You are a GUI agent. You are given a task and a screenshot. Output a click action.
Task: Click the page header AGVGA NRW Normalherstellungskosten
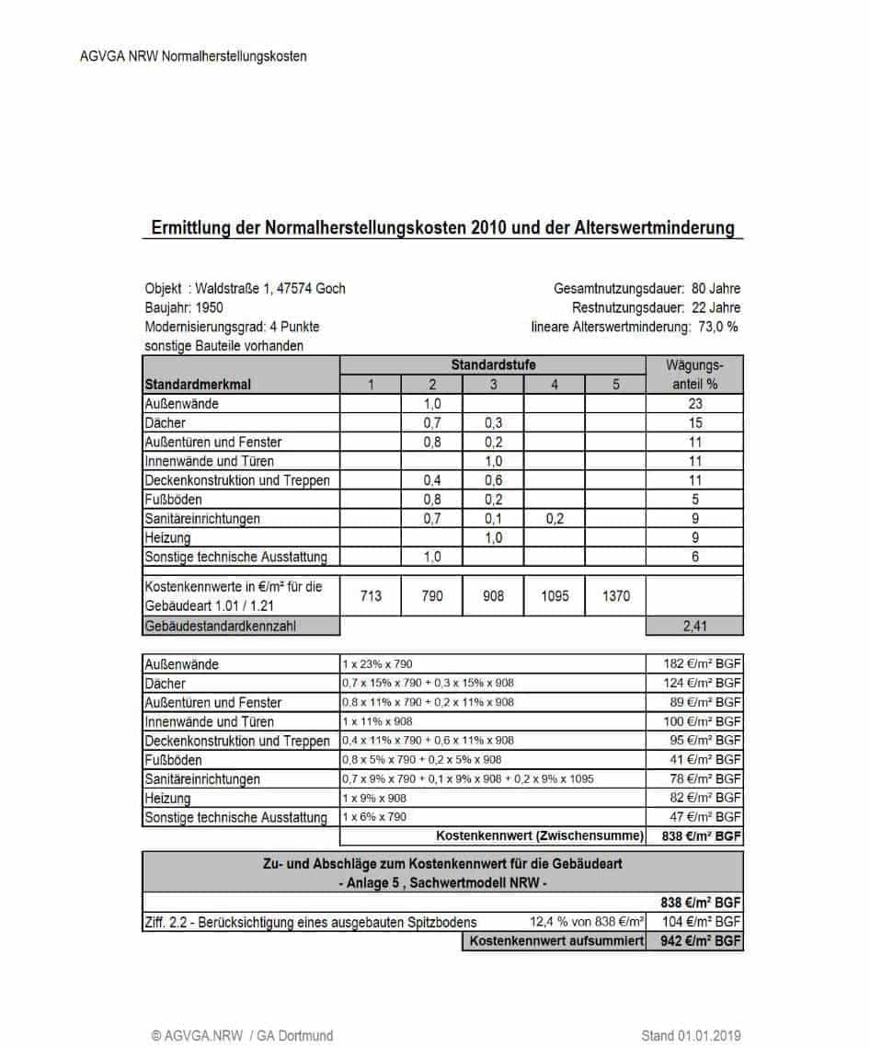click(x=193, y=56)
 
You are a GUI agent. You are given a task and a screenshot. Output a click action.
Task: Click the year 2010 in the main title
click(x=492, y=226)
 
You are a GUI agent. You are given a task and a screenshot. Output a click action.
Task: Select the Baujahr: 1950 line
click(x=184, y=307)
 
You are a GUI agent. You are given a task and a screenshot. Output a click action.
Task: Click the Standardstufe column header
click(x=493, y=365)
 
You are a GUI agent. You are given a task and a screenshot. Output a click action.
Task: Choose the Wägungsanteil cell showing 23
click(x=695, y=403)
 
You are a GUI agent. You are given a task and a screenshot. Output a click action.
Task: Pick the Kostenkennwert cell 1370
click(x=616, y=596)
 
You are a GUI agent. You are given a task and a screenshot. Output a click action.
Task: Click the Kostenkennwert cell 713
click(x=371, y=596)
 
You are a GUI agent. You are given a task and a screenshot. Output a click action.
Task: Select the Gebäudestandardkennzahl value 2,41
click(x=695, y=627)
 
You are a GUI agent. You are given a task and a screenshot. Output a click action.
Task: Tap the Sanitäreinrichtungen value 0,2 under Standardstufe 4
click(x=555, y=519)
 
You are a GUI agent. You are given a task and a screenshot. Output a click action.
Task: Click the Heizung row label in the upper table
click(x=167, y=537)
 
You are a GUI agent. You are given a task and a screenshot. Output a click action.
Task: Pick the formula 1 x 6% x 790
click(x=373, y=817)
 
